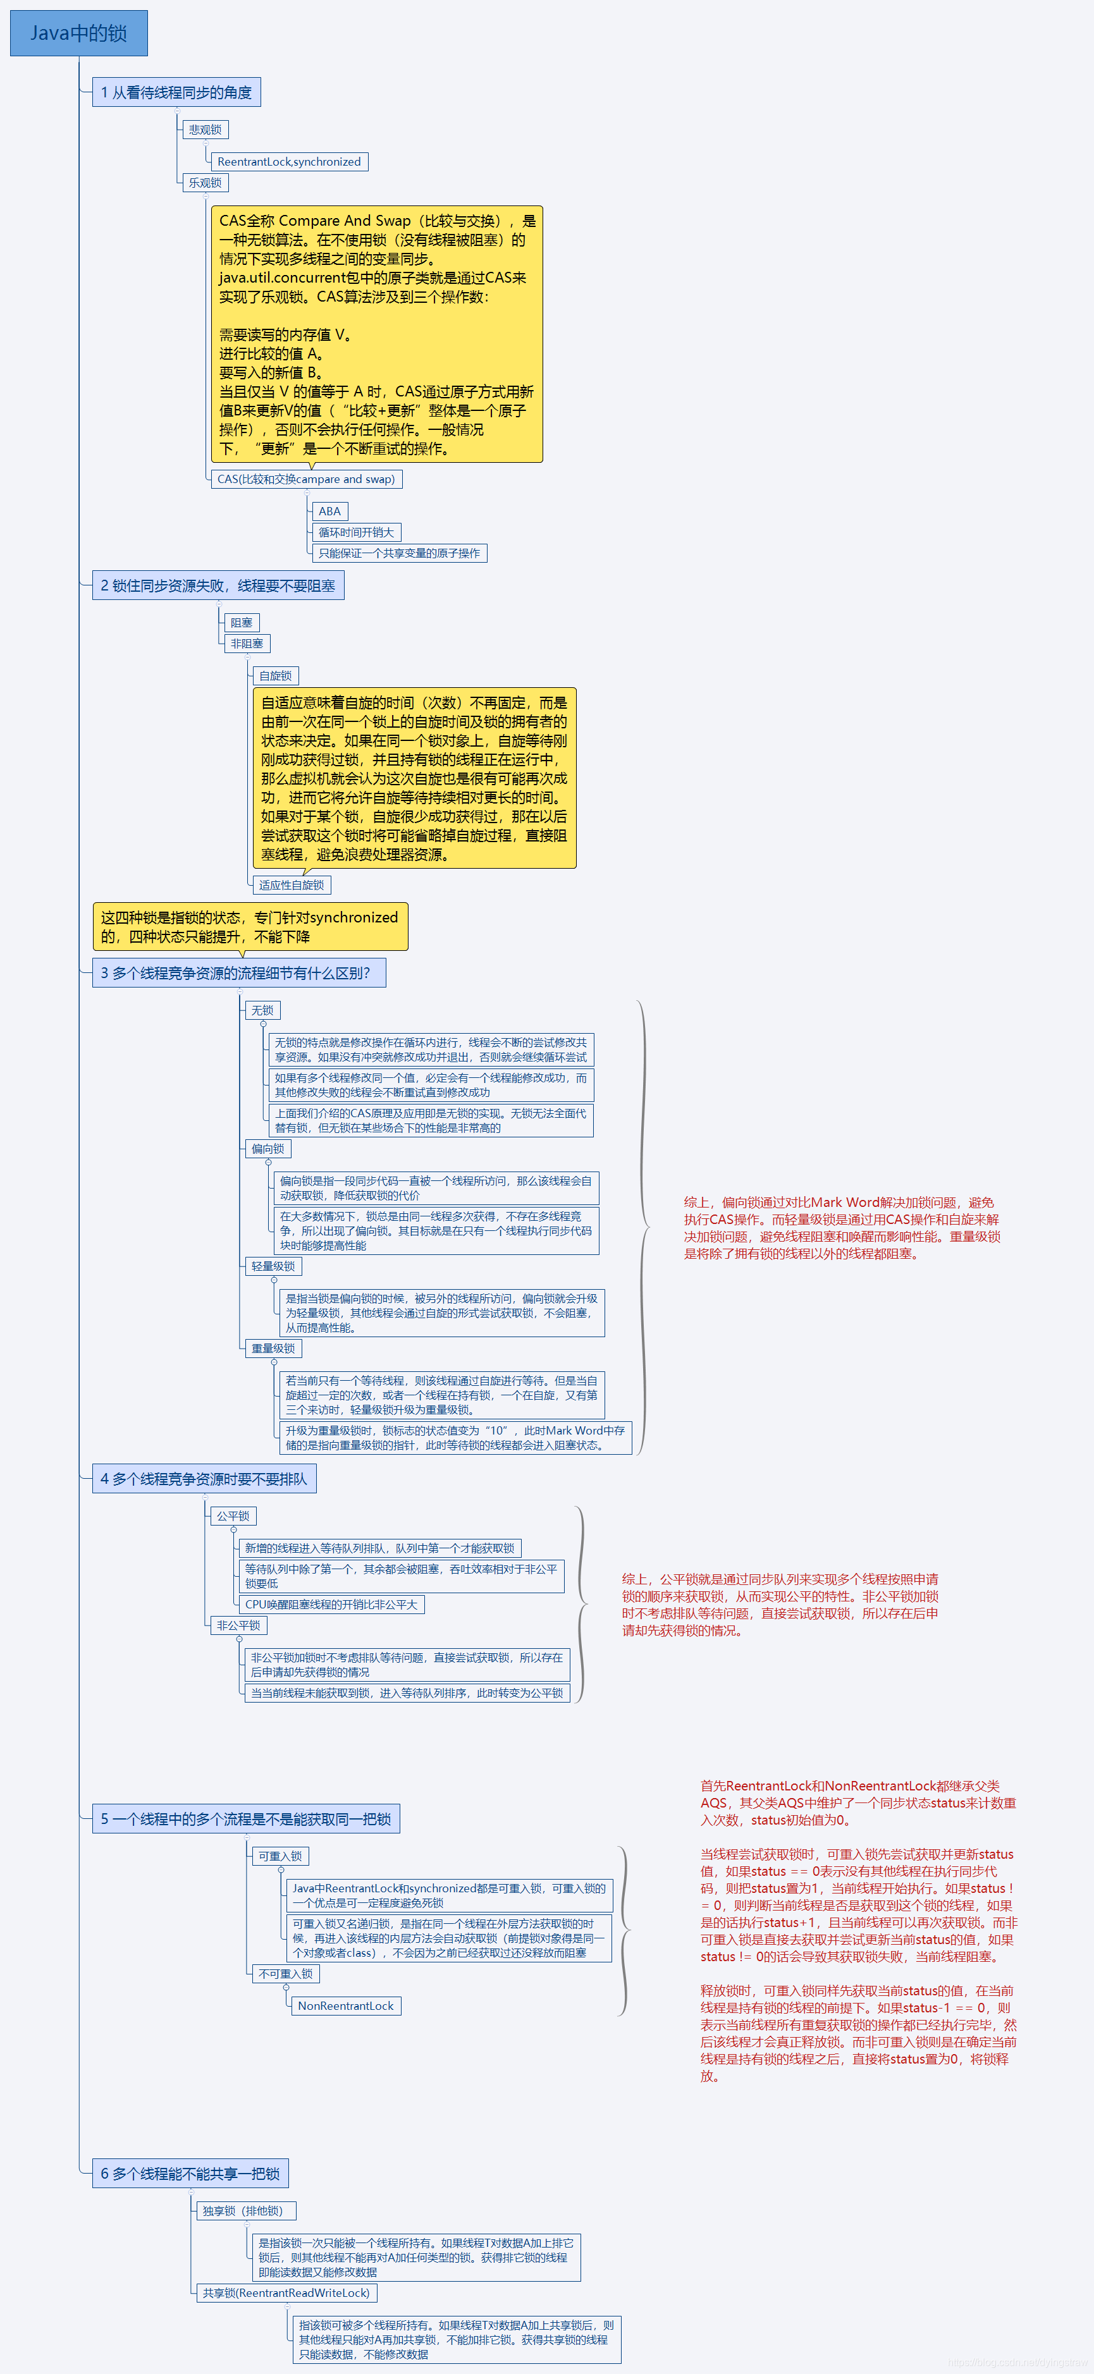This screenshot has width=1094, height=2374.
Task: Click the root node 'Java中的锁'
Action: [78, 33]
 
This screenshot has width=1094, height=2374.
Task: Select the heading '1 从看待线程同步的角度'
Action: [176, 92]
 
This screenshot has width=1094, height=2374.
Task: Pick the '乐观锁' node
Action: [205, 183]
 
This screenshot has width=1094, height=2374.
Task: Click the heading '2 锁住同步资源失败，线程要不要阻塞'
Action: [218, 586]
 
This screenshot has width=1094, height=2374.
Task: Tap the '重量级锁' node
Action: [273, 1349]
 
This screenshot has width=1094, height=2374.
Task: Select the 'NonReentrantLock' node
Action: [346, 2006]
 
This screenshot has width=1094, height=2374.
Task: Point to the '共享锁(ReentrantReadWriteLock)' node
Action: [286, 2294]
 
